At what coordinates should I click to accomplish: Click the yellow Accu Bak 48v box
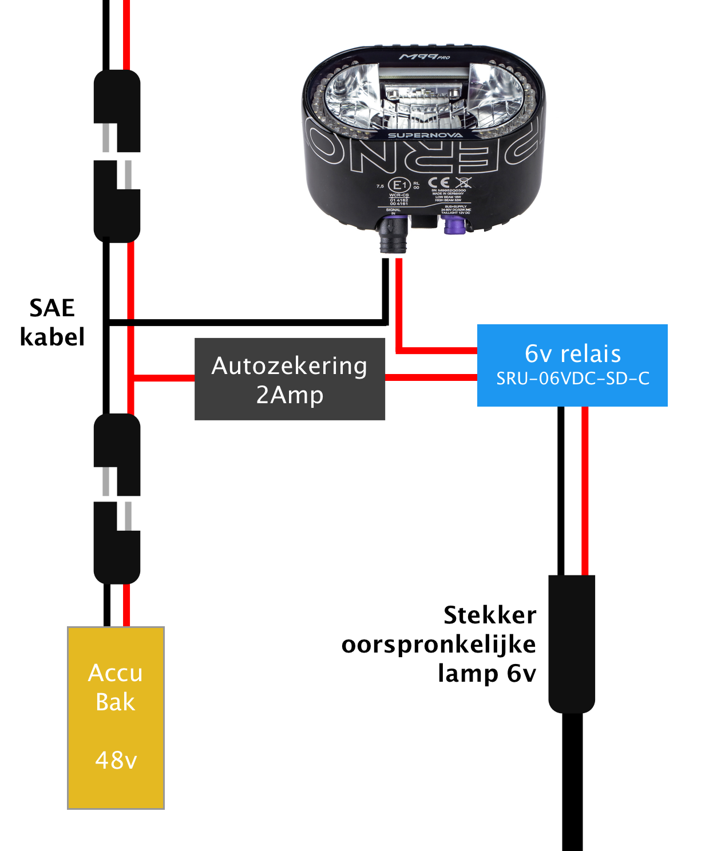tap(116, 718)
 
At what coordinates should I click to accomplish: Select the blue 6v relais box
tap(572, 365)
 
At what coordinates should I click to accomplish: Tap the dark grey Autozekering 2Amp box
tap(290, 379)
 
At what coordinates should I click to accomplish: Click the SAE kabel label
tap(52, 323)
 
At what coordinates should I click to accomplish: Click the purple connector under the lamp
tap(454, 225)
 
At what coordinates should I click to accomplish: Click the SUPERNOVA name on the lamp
tap(425, 136)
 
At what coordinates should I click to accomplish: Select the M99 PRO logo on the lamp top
tap(424, 57)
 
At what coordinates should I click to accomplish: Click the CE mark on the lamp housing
tap(439, 183)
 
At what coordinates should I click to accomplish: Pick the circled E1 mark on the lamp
tap(399, 185)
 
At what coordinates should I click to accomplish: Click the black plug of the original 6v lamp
tap(572, 643)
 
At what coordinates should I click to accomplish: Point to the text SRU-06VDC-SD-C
tap(572, 379)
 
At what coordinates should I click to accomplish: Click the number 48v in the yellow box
tap(116, 761)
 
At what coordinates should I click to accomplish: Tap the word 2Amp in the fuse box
tap(290, 395)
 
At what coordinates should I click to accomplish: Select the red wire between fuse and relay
tap(431, 377)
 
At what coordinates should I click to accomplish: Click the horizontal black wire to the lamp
tap(246, 323)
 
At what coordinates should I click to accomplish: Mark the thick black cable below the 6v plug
tap(572, 784)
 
